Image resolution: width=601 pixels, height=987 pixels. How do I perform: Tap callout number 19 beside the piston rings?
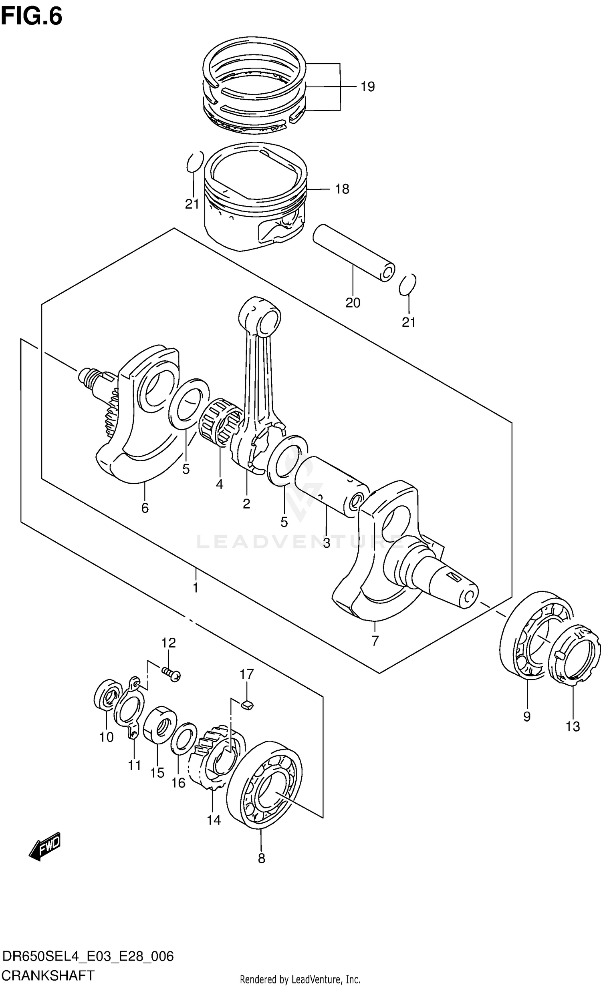pyautogui.click(x=367, y=86)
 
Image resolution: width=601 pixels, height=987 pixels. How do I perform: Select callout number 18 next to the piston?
pyautogui.click(x=342, y=189)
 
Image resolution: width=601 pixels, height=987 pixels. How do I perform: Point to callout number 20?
pyautogui.click(x=353, y=303)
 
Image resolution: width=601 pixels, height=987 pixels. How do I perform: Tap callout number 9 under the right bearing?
pyautogui.click(x=527, y=717)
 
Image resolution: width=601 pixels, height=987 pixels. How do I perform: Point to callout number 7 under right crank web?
pyautogui.click(x=375, y=641)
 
